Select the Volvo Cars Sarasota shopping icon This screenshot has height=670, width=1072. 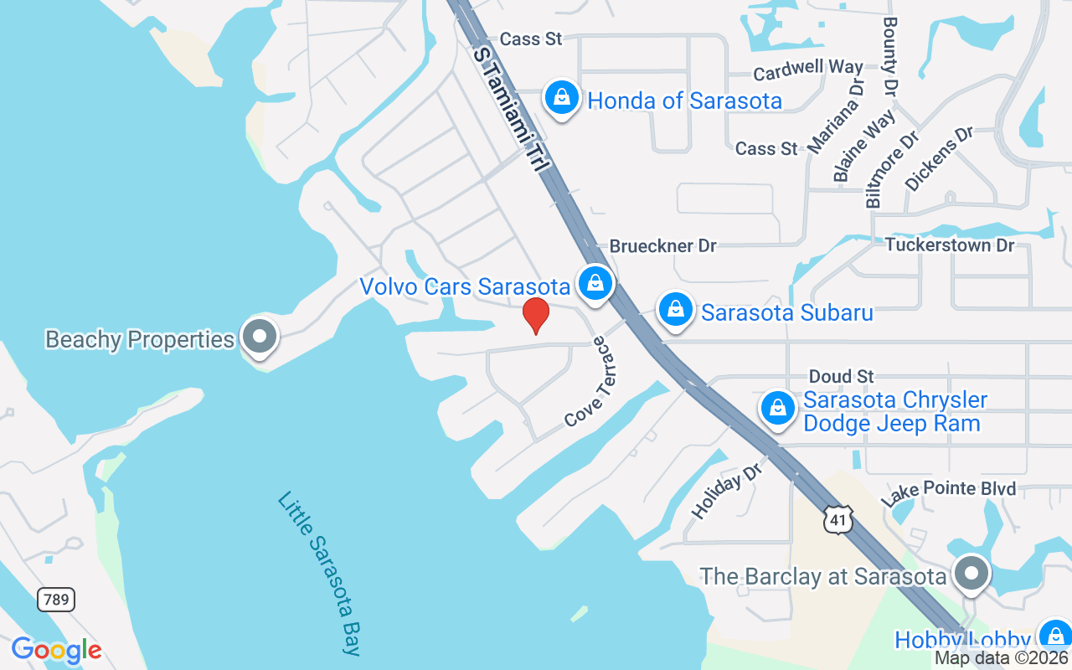pyautogui.click(x=595, y=283)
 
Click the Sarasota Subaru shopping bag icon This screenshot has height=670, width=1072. pyautogui.click(x=675, y=310)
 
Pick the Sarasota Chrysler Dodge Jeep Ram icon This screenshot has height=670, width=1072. pyautogui.click(x=778, y=409)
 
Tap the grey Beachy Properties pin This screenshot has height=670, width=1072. pyautogui.click(x=259, y=337)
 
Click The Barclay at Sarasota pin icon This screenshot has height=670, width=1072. pyautogui.click(x=971, y=575)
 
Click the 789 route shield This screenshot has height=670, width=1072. pyautogui.click(x=55, y=599)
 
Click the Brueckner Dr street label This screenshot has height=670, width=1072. pyautogui.click(x=662, y=246)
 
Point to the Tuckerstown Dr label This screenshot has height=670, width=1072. pyautogui.click(x=950, y=245)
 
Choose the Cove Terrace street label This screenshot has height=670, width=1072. pyautogui.click(x=595, y=382)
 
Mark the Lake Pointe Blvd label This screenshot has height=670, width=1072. pyautogui.click(x=948, y=489)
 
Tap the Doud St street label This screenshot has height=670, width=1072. pyautogui.click(x=842, y=376)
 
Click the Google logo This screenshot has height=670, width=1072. pyautogui.click(x=56, y=650)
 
